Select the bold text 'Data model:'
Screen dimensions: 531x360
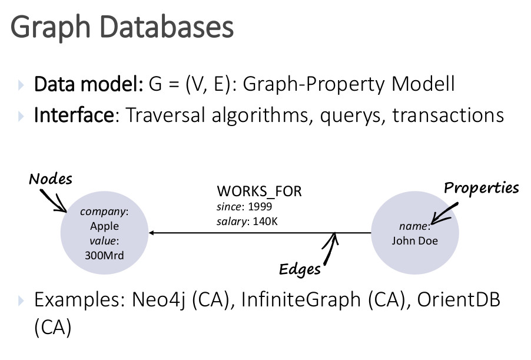coord(89,84)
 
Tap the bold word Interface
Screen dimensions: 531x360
coord(74,115)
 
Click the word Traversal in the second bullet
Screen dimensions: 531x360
coord(165,115)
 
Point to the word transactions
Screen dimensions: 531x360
coord(448,115)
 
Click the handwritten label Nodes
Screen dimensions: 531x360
coord(51,179)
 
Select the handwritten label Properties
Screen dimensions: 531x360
coord(481,188)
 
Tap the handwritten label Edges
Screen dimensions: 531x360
coord(300,269)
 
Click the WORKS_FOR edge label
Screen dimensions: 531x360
coord(259,191)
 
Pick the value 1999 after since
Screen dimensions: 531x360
coord(260,206)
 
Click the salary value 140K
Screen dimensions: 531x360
coord(265,222)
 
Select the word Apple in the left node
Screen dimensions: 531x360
coord(104,226)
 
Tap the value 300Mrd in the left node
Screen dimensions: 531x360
coord(104,255)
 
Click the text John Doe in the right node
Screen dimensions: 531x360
coord(415,240)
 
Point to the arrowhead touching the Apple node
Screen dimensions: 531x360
coord(151,233)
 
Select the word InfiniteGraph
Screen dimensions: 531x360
coord(301,300)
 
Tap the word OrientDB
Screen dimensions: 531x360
coord(459,300)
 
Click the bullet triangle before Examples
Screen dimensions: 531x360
coord(21,300)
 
